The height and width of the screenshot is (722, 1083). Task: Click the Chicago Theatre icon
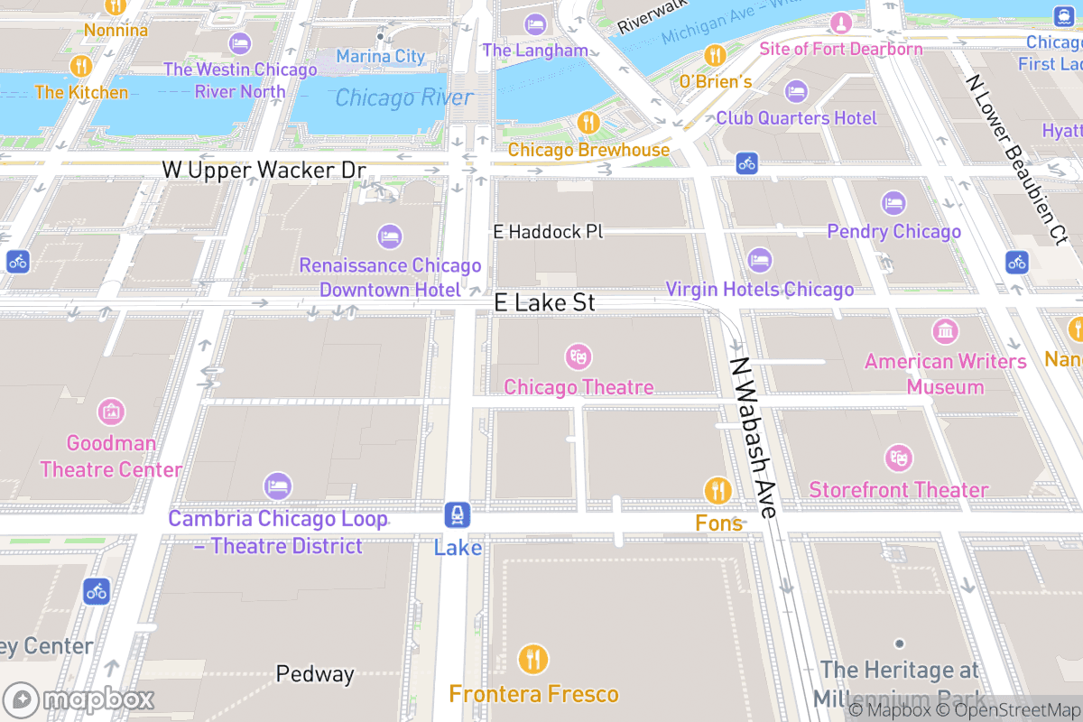(x=578, y=356)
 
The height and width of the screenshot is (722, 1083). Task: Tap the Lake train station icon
(x=458, y=515)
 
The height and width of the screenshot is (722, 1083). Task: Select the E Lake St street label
(x=545, y=302)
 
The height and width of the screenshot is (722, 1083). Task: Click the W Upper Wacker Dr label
(x=264, y=170)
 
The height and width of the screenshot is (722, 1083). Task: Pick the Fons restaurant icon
(x=717, y=490)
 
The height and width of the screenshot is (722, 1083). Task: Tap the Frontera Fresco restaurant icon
(x=533, y=660)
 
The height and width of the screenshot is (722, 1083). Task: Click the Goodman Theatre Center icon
(x=111, y=412)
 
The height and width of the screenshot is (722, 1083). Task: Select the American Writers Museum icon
(x=945, y=331)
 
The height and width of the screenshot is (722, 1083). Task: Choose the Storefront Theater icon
(x=898, y=458)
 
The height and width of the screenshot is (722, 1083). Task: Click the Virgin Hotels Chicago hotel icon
(x=760, y=260)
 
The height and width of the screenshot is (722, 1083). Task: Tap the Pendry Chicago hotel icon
(x=893, y=202)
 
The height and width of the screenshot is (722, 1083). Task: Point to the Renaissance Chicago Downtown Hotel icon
(x=390, y=236)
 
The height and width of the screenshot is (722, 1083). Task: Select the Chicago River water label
(x=403, y=97)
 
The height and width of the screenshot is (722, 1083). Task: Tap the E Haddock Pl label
(x=547, y=232)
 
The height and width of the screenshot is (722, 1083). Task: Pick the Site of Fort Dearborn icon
(x=841, y=21)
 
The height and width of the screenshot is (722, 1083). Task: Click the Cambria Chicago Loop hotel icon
(x=278, y=486)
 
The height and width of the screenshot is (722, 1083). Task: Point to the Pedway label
(x=315, y=674)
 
